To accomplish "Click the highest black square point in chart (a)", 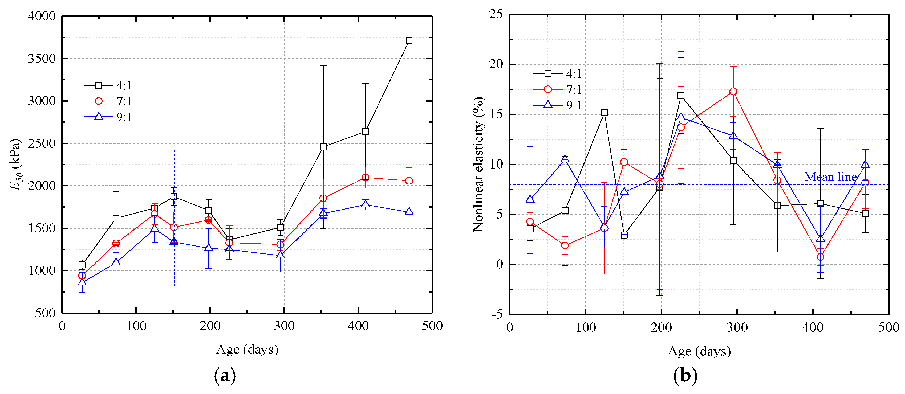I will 409,41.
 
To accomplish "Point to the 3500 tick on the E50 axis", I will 42,59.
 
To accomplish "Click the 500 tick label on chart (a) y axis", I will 45,313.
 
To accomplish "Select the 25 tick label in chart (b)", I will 496,14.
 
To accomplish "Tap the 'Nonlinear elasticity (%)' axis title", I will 478,164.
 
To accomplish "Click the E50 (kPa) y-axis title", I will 15,164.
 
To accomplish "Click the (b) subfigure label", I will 685,376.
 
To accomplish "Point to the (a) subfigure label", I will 225,376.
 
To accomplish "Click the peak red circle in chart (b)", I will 733,92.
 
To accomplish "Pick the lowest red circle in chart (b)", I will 820,257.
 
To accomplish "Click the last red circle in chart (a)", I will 409,181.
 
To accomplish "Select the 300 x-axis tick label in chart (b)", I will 737,327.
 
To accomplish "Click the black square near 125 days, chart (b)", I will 604,113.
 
